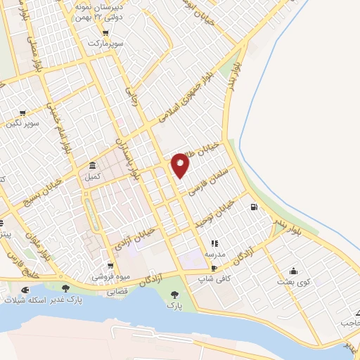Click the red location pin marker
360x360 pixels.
click(x=181, y=164)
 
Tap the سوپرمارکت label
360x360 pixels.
click(x=105, y=44)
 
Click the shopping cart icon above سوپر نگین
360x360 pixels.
click(x=23, y=112)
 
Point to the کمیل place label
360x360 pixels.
click(x=93, y=176)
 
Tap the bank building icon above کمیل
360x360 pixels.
click(x=93, y=166)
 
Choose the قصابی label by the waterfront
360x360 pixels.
click(x=117, y=289)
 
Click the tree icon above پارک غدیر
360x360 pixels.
click(x=66, y=288)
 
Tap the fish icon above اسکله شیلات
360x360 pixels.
click(x=26, y=289)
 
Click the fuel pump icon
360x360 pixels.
click(x=253, y=207)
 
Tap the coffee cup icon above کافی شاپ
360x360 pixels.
click(x=214, y=269)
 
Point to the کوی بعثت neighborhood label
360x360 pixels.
click(x=293, y=282)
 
